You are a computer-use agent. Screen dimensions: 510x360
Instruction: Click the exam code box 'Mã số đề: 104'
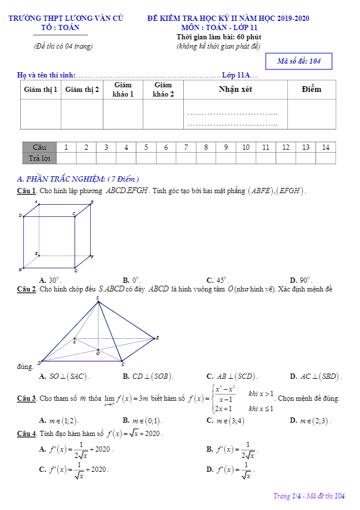tap(299, 61)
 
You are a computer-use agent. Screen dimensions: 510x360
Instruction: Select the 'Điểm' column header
tap(311, 90)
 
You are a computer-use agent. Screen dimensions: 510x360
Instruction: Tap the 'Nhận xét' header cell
tap(236, 90)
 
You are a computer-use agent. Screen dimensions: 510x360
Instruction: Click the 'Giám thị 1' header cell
tap(40, 90)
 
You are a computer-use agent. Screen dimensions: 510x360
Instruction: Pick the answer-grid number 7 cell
tap(186, 147)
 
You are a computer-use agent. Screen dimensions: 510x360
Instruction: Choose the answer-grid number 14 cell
tap(325, 147)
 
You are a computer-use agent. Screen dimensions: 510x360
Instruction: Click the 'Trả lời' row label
tap(39, 158)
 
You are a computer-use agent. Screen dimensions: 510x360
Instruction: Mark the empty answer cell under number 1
tap(66, 158)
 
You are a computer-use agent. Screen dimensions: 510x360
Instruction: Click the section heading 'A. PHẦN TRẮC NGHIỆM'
tap(79, 179)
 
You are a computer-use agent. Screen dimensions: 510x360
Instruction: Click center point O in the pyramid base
tap(98, 350)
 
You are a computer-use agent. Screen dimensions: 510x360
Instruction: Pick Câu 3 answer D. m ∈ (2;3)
tap(310, 420)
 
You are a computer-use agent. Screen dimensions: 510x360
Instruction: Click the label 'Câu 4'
tap(27, 434)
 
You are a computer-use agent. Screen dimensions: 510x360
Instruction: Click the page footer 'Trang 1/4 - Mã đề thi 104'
tap(309, 496)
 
